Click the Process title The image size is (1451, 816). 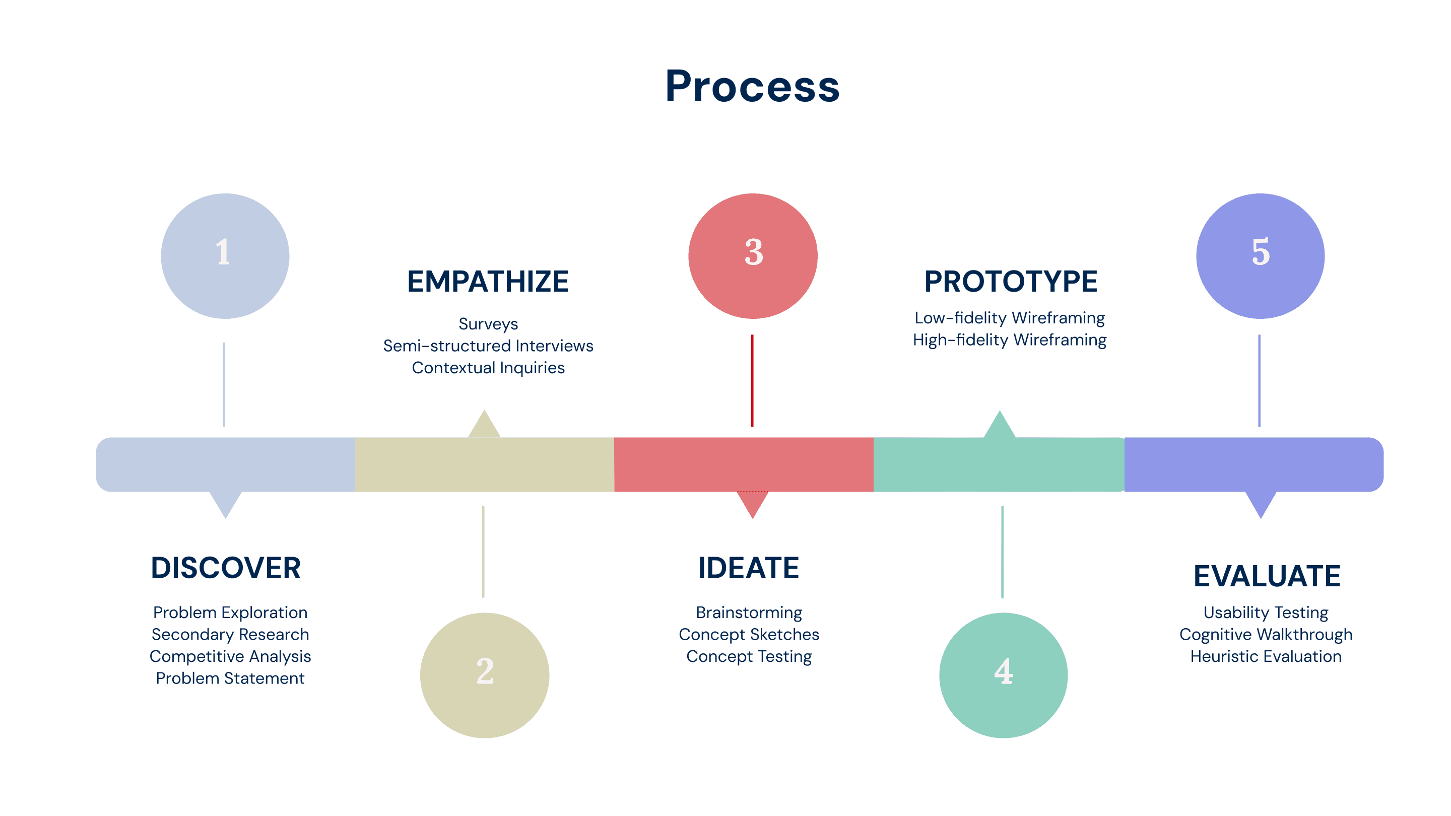[x=752, y=86]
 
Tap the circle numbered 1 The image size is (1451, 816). [x=225, y=256]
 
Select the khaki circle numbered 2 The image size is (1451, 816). [x=484, y=674]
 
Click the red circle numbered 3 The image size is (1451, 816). [x=753, y=256]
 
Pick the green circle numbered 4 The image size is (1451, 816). [x=1003, y=674]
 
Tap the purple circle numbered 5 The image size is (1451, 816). [x=1260, y=256]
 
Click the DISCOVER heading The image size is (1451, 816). [x=225, y=568]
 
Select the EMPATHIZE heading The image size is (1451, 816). [x=488, y=282]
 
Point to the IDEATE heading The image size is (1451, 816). [x=749, y=568]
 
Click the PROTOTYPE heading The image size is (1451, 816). [x=1011, y=282]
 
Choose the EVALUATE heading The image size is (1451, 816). [x=1267, y=576]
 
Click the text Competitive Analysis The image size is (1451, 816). [x=230, y=656]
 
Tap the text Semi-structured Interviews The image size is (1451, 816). [x=488, y=346]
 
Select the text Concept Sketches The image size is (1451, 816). [x=749, y=634]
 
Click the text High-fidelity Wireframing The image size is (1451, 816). [x=1009, y=340]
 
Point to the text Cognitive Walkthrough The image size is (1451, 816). [x=1266, y=634]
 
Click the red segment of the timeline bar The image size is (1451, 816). [x=744, y=464]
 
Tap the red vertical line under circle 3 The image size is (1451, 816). [x=752, y=381]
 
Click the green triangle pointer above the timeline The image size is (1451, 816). [x=1000, y=426]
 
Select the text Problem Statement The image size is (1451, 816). [x=230, y=678]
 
